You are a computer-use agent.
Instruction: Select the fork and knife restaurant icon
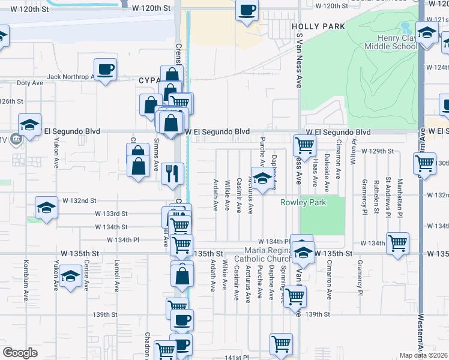[172, 173]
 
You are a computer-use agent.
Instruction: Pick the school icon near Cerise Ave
[70, 277]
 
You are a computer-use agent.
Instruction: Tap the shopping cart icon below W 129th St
[424, 163]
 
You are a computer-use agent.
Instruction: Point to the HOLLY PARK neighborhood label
[318, 27]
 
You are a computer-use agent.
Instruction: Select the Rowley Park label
[303, 202]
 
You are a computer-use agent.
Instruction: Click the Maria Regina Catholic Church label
[266, 254]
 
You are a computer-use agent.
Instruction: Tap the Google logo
[20, 353]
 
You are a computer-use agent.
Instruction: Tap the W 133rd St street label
[111, 213]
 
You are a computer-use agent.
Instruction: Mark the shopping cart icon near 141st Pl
[281, 344]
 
